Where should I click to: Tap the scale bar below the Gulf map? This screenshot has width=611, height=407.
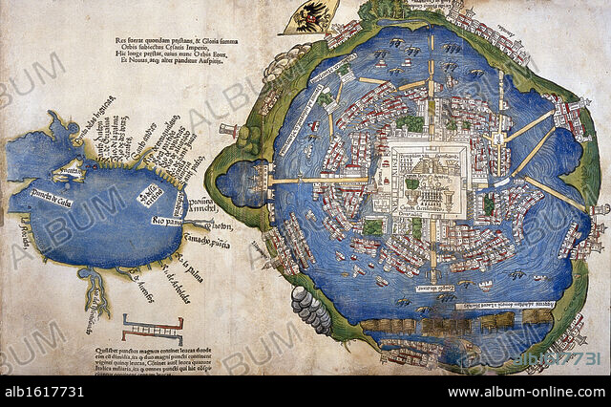(152, 331)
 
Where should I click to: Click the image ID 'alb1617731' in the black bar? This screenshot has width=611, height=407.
(42, 392)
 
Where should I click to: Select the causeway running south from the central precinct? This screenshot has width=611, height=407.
(432, 253)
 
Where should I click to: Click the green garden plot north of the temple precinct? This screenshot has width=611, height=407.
(411, 123)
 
